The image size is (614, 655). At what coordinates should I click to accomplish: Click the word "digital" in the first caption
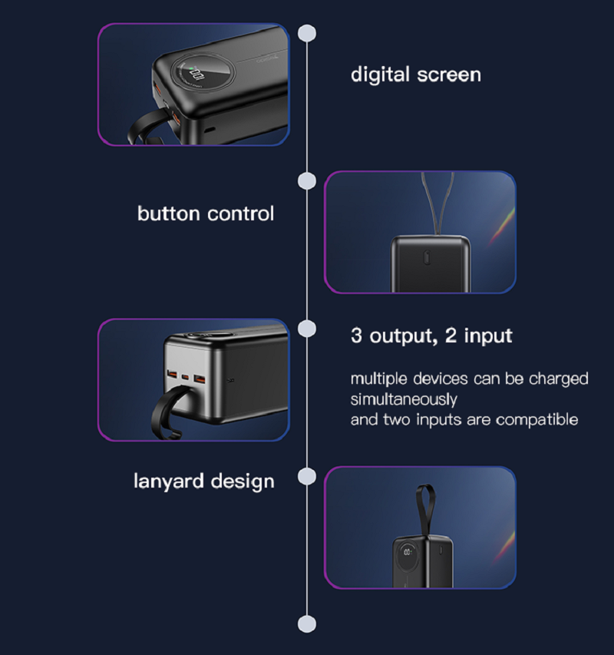(379, 74)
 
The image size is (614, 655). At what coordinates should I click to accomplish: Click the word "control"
(241, 213)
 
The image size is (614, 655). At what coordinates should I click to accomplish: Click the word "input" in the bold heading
(487, 336)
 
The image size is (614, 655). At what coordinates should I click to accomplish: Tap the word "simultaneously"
(404, 399)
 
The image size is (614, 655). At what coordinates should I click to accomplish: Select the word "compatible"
(536, 419)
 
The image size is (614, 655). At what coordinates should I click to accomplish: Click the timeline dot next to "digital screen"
(307, 33)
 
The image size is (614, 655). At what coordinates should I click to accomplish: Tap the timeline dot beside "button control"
(307, 180)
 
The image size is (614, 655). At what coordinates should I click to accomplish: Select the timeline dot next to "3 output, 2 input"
(307, 329)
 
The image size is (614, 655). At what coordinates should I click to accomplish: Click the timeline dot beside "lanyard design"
(307, 477)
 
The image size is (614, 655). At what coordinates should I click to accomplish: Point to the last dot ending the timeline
(307, 624)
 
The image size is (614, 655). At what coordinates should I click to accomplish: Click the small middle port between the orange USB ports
(184, 379)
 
